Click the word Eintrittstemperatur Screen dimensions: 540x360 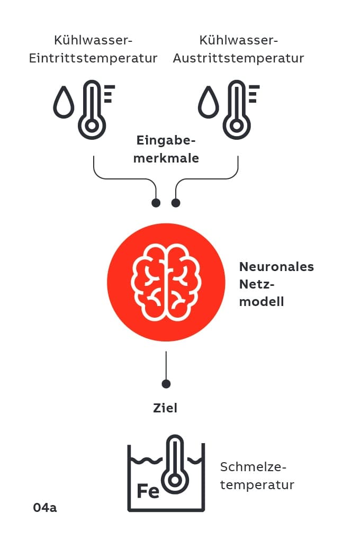93,58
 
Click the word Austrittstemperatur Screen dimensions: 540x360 238,58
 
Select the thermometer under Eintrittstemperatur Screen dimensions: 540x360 93,110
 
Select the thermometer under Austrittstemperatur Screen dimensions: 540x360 237,110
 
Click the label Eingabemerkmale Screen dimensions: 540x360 166,149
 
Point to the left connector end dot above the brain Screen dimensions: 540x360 156,203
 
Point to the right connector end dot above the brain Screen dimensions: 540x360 176,203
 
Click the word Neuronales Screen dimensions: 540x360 276,267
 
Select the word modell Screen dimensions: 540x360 262,302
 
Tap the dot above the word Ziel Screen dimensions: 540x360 166,384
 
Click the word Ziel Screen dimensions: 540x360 165,408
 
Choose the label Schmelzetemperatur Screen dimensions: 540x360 257,476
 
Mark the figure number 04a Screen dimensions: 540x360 44,507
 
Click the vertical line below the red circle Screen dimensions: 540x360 166,365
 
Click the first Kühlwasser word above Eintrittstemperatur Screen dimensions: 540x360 93,40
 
